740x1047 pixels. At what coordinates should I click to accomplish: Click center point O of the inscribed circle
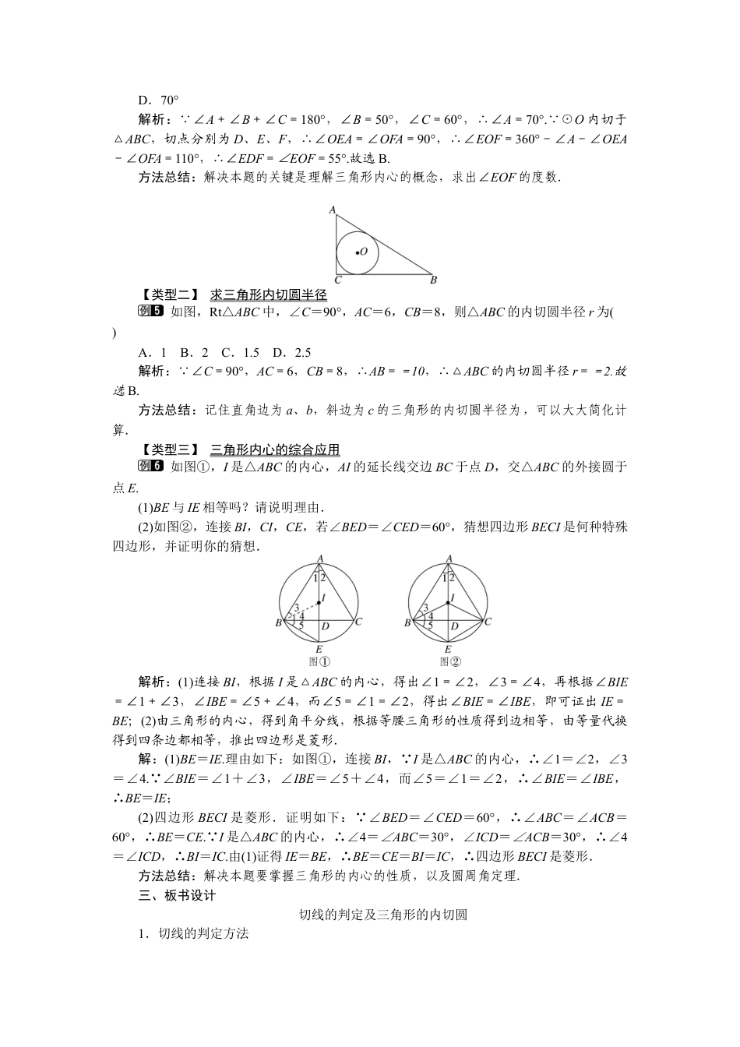pyautogui.click(x=358, y=252)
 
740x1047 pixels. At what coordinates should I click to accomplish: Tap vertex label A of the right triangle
pyautogui.click(x=332, y=210)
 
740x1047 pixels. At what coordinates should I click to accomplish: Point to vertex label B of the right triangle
pyautogui.click(x=434, y=280)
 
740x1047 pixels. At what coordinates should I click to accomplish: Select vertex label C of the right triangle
pyautogui.click(x=337, y=280)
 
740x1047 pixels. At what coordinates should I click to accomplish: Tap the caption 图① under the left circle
pyautogui.click(x=319, y=661)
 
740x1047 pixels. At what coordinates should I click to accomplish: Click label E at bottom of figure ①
pyautogui.click(x=319, y=649)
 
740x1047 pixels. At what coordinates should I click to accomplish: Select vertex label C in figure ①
pyautogui.click(x=358, y=622)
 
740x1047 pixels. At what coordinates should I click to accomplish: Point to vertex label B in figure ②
pyautogui.click(x=407, y=623)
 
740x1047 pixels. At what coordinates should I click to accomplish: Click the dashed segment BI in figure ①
pyautogui.click(x=300, y=612)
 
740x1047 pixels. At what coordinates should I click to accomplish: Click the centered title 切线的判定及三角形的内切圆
pyautogui.click(x=383, y=915)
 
